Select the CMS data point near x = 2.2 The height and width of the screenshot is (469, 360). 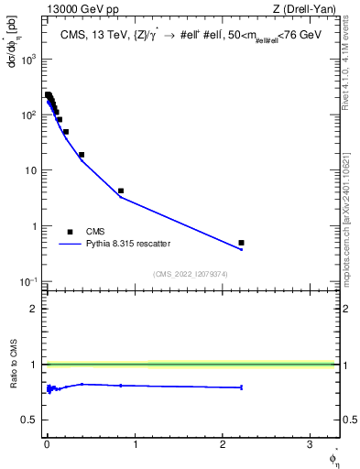click(241, 243)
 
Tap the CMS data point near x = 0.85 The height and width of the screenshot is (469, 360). click(121, 191)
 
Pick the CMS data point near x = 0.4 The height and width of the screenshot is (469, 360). click(82, 155)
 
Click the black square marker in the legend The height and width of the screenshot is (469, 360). click(70, 232)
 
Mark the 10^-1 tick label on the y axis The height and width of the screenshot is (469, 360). click(29, 281)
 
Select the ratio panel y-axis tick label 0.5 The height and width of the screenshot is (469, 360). click(31, 420)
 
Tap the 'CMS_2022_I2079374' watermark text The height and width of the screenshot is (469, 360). click(190, 273)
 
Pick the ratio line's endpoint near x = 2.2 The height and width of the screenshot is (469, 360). click(241, 387)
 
